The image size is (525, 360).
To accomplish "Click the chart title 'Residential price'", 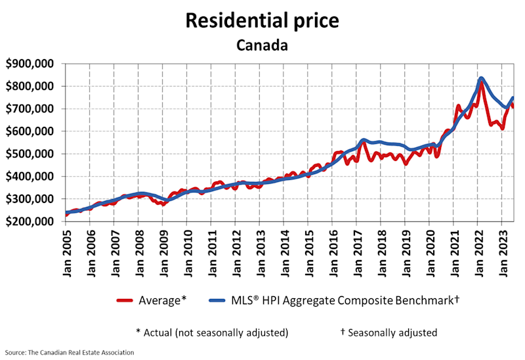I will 262,20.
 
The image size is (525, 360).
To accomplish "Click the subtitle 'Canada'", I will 262,45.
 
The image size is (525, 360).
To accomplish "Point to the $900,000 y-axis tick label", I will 31,64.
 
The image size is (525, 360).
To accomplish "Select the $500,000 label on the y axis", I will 31,154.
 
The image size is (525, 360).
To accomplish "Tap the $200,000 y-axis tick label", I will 31,221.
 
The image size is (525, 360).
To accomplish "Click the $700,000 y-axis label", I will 31,109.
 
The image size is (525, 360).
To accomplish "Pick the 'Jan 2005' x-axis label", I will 66,252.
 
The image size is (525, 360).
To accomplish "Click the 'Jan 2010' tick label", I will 187,252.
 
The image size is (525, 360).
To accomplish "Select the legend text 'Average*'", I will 163,300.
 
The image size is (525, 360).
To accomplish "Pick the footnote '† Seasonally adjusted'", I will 388,332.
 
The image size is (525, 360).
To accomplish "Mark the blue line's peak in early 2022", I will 482,79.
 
